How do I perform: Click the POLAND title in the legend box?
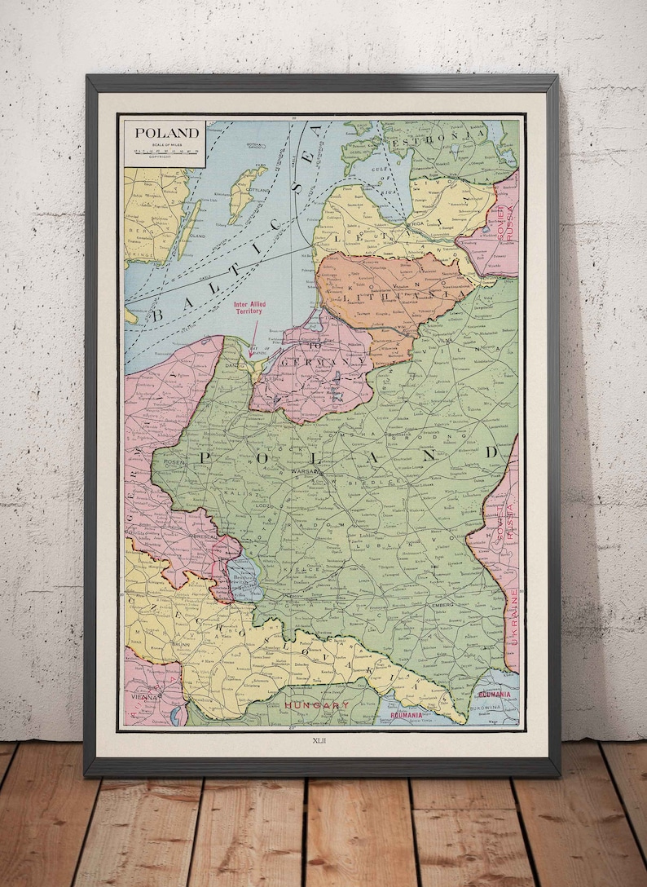(x=166, y=133)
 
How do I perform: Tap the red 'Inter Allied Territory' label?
(x=254, y=311)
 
